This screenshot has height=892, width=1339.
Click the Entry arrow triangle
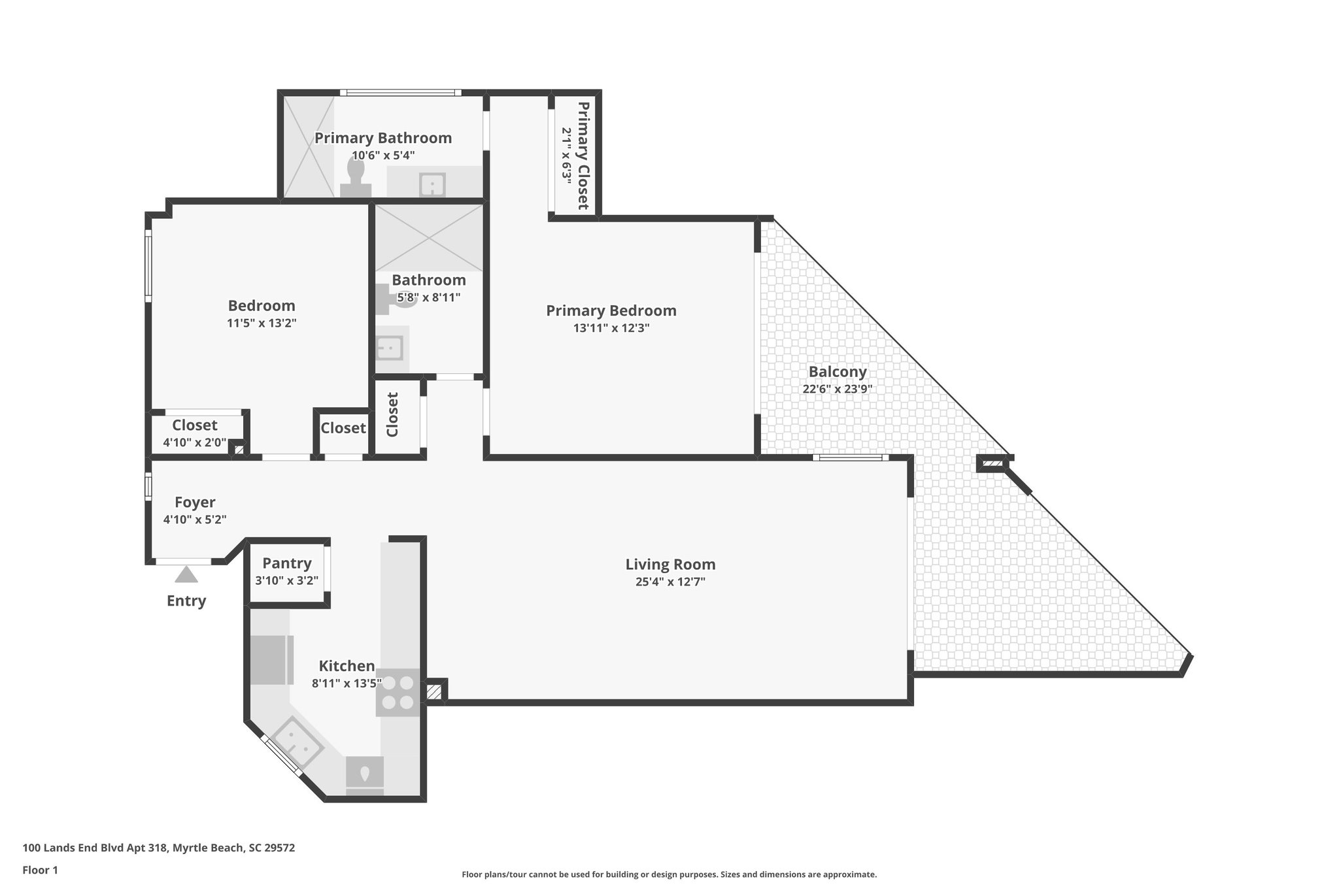186,574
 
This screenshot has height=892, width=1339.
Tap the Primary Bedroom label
611,310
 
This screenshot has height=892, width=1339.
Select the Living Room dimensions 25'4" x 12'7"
670,582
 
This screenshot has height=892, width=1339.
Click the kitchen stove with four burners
398,693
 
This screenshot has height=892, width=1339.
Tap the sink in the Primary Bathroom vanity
432,184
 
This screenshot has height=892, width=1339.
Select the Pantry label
286,563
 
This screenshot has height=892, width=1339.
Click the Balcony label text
838,372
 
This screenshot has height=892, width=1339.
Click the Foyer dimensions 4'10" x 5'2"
195,520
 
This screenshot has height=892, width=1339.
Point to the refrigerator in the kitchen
271,659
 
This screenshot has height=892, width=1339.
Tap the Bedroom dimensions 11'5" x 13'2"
262,323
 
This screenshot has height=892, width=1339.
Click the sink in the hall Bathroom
390,348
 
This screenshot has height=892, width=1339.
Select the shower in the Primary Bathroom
307,147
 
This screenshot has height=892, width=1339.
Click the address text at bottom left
159,848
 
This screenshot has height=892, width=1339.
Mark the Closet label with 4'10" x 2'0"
195,425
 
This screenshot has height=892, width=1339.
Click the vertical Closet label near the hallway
392,415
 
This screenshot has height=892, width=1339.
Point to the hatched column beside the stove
434,692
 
